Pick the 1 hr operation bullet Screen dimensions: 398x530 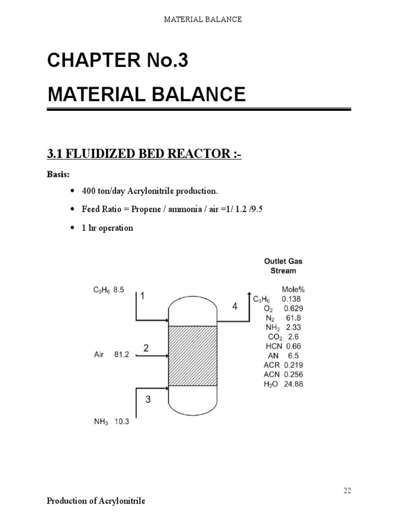[107, 228]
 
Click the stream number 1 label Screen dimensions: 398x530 [143, 296]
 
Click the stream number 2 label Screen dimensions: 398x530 [147, 348]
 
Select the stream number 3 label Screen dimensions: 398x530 [148, 399]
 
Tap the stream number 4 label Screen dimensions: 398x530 [235, 307]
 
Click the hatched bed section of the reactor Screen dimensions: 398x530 [193, 356]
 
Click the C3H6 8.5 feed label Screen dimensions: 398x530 [108, 290]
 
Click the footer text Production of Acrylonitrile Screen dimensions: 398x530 [96, 501]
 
